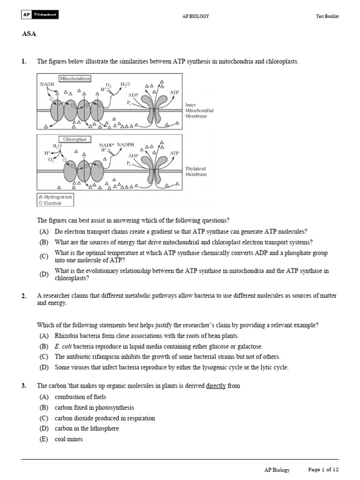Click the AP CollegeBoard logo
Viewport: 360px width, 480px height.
40,15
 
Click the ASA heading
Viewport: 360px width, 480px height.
29,34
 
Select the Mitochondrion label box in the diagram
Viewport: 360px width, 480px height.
75,78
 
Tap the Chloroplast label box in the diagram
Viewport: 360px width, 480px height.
75,139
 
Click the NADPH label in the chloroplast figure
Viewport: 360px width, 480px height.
125,145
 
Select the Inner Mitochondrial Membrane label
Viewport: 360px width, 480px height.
199,111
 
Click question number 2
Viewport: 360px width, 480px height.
24,296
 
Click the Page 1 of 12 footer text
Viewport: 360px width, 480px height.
323,469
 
